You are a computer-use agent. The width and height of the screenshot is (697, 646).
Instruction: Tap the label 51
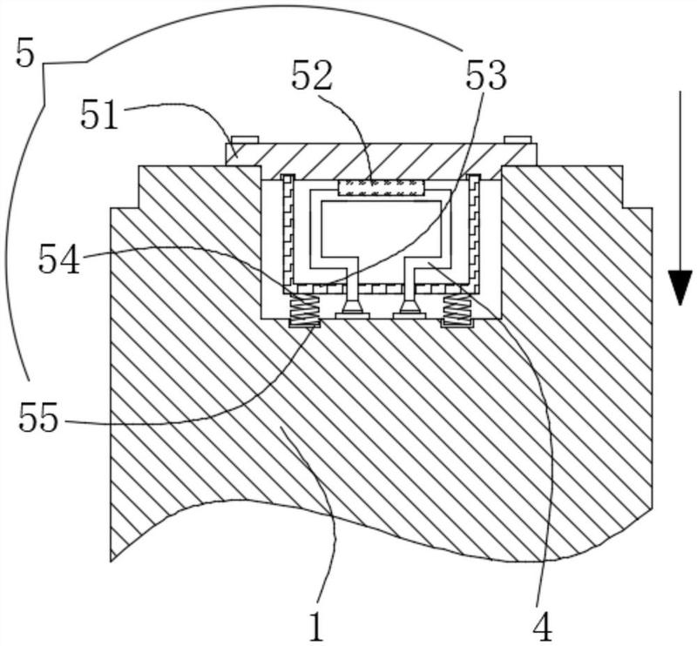tap(99, 115)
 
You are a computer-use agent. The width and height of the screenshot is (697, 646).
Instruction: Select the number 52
tap(312, 76)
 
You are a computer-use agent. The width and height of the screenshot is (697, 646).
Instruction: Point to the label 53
tap(486, 76)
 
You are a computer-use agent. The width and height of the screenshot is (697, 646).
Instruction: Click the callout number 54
tap(59, 259)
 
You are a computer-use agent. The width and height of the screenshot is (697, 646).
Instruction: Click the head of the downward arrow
tap(680, 287)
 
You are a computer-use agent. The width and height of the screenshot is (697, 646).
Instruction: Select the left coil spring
tap(304, 309)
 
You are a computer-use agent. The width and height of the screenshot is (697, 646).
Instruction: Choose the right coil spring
tap(457, 309)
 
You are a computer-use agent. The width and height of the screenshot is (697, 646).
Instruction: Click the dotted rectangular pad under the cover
tap(381, 187)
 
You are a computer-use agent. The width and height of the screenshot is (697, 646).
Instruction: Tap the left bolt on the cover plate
tap(244, 139)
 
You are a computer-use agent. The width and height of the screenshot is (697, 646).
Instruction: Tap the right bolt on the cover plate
tap(518, 139)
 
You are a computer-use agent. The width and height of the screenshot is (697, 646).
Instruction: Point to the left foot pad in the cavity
tap(353, 315)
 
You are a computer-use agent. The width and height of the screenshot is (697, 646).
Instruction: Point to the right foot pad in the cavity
tap(409, 315)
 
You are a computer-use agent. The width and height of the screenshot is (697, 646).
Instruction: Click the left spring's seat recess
tap(304, 324)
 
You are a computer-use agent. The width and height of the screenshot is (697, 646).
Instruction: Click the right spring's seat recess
tap(457, 324)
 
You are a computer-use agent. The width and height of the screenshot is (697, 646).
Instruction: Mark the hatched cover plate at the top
tap(381, 161)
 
